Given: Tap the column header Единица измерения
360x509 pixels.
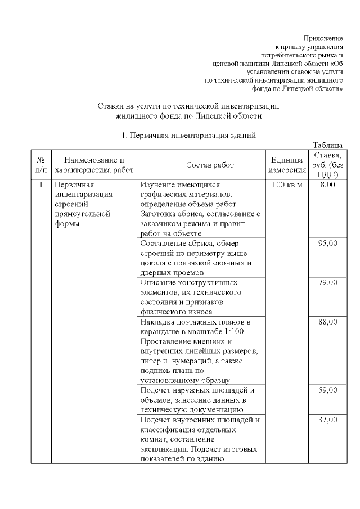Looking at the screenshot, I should [287, 165].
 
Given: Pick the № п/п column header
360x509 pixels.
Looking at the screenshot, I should [40, 165].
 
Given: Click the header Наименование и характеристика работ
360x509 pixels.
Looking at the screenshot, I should [94, 165].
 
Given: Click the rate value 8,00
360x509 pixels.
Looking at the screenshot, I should [328, 185].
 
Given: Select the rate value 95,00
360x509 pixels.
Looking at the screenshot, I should [328, 244].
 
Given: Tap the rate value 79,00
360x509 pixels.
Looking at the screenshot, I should [328, 282].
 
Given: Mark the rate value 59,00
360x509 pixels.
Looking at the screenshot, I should [328, 390].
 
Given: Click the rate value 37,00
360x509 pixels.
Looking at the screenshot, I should [328, 420].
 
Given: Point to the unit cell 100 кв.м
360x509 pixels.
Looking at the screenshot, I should [287, 185].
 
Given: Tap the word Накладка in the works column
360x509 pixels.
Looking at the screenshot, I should [158, 322].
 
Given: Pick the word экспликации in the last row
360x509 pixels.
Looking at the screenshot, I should [162, 449].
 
